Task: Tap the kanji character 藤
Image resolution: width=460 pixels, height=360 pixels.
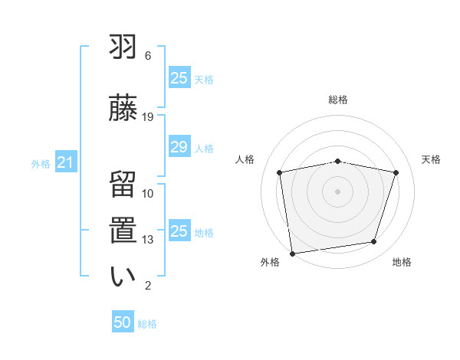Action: [123, 107]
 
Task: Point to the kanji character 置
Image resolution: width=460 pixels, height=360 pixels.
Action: [123, 231]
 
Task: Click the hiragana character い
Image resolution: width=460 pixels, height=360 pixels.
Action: [123, 277]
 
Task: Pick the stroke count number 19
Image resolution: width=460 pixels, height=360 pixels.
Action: [148, 116]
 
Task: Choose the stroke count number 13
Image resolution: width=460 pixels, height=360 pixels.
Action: [148, 240]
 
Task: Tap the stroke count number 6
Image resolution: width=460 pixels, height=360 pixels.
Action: [148, 56]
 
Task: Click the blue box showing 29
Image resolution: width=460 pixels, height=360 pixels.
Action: [179, 147]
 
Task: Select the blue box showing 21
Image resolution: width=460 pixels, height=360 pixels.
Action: [65, 162]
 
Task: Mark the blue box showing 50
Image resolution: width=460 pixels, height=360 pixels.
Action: [123, 322]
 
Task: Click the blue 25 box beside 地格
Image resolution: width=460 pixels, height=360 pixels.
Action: [179, 231]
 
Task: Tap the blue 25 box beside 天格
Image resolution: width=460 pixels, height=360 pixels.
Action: [179, 78]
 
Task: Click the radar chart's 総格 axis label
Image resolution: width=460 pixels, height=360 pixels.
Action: [338, 100]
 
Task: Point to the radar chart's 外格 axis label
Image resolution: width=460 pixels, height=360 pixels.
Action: [270, 262]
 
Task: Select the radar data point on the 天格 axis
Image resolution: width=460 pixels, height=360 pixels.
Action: [396, 172]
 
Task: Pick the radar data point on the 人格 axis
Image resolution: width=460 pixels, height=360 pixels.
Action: [280, 172]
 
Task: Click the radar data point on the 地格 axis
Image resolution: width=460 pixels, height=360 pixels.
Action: [374, 242]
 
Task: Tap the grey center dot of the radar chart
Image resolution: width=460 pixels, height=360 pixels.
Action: [338, 191]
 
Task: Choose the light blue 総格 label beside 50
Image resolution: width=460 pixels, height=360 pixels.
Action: [147, 324]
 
